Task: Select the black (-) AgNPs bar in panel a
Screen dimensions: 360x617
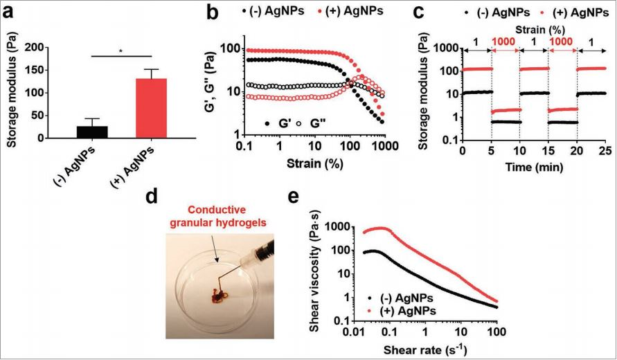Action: point(92,132)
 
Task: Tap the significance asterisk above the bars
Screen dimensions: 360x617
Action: point(120,51)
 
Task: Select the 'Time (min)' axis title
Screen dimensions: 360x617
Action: point(533,167)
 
